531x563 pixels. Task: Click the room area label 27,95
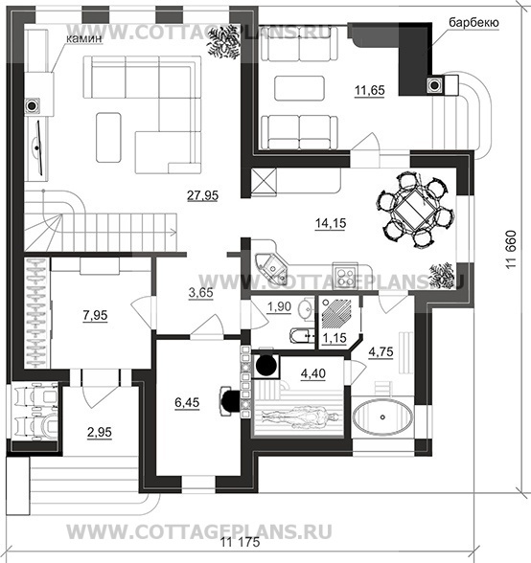(202, 195)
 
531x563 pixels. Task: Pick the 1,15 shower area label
(334, 338)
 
